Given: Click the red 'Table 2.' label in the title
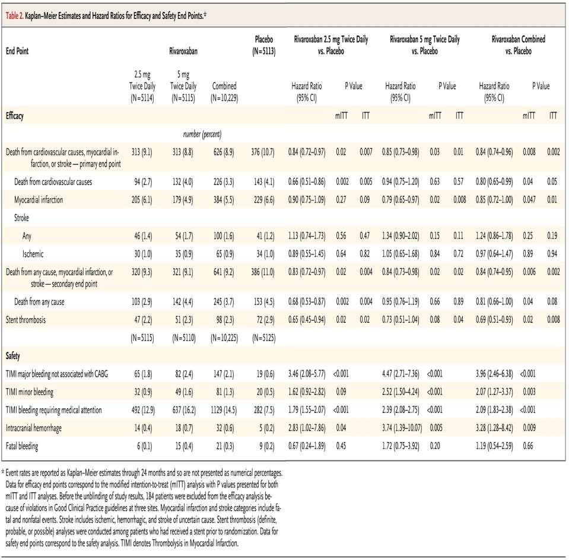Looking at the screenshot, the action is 14,15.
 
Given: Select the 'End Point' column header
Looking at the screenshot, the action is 17,51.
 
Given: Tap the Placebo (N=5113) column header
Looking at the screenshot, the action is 264,45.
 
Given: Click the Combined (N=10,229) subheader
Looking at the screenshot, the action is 224,92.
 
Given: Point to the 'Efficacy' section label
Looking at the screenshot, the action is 14,116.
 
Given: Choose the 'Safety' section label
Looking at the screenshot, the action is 12,356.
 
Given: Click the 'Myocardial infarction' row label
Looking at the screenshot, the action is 39,199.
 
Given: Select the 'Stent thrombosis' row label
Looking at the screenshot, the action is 26,320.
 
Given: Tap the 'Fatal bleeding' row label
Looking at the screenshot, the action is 22,446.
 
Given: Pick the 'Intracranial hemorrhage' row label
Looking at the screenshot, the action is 33,428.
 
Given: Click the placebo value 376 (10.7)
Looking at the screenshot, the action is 263,152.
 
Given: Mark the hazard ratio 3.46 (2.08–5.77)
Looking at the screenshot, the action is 307,374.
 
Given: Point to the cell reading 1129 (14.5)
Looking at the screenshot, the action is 224,410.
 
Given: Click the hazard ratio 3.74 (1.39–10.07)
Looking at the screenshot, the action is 402,428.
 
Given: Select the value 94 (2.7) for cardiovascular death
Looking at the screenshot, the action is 143,182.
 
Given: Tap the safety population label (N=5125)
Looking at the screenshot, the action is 264,338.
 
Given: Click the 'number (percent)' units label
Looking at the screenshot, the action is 202,134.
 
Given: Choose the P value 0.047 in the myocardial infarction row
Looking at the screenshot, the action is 529,199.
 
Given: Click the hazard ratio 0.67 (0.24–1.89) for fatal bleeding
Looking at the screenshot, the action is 307,446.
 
